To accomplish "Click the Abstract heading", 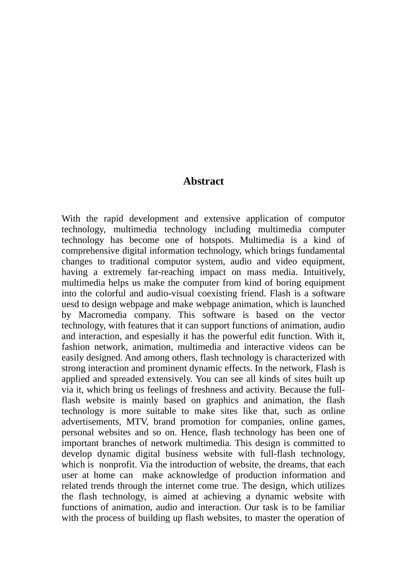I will point(203,181).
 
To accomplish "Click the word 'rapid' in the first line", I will point(113,219).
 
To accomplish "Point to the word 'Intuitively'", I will point(324,272).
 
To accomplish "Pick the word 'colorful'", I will point(111,294).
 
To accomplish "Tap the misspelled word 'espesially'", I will point(161,336).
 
